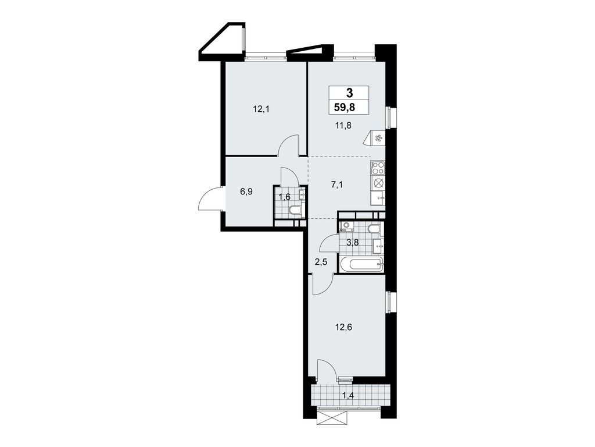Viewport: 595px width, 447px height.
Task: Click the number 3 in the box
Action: coord(349,92)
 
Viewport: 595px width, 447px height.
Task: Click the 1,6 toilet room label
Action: coord(285,197)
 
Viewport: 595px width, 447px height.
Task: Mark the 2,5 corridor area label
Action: coord(321,262)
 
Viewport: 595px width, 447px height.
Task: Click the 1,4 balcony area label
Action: coord(349,397)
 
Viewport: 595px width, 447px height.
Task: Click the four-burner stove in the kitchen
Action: coord(377,168)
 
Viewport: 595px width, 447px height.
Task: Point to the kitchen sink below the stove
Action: coord(378,197)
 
